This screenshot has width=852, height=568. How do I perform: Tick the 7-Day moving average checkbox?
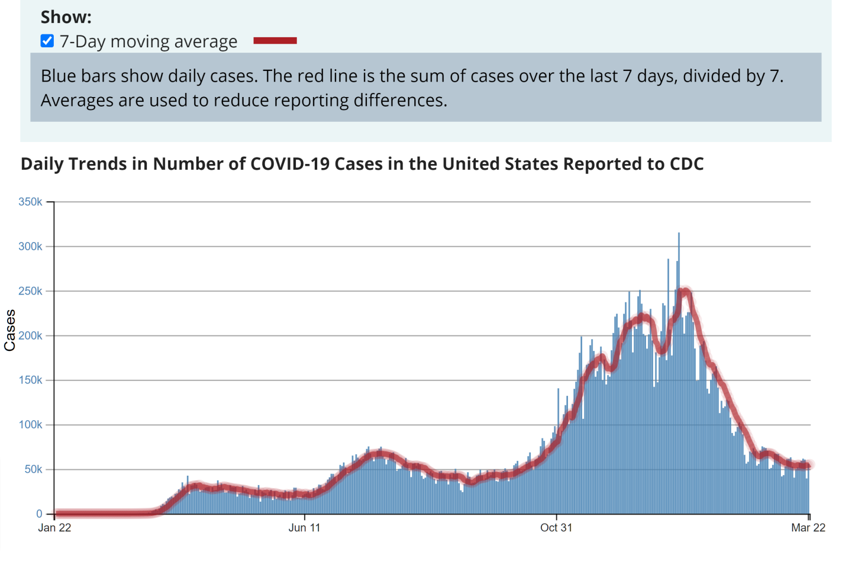click(47, 41)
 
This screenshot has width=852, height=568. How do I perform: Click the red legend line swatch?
click(275, 41)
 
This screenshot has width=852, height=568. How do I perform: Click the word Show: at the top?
click(66, 17)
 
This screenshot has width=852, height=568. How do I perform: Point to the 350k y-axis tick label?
click(30, 202)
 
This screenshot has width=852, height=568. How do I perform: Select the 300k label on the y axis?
click(30, 246)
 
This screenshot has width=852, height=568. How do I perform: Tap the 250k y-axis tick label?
click(30, 291)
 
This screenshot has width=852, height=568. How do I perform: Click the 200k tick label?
click(30, 335)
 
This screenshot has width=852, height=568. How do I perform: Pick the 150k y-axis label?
click(30, 380)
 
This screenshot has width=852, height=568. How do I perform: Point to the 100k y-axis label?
click(30, 425)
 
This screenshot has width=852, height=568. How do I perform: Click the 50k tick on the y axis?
click(33, 469)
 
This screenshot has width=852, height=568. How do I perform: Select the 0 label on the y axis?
click(39, 514)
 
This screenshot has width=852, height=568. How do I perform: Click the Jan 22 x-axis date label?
click(54, 528)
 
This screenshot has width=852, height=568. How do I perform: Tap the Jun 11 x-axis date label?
click(304, 528)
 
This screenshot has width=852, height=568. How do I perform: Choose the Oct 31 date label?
click(556, 528)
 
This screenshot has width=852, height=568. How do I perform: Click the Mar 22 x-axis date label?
click(808, 528)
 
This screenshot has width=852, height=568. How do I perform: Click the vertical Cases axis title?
click(10, 330)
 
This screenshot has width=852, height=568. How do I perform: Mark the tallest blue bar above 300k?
click(679, 237)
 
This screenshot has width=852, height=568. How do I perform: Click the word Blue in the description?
click(59, 76)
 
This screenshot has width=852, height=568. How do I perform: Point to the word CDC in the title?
click(686, 164)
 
